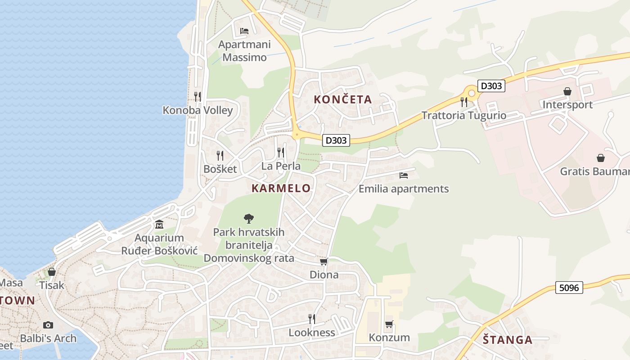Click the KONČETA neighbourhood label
click(343, 99)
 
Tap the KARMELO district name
click(281, 188)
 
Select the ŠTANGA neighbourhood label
click(508, 340)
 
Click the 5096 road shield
click(569, 287)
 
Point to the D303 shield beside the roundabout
click(491, 85)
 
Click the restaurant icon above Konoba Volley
click(197, 96)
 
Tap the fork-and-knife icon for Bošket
click(220, 156)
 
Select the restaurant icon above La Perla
click(281, 153)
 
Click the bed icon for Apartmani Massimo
click(244, 31)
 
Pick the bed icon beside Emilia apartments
click(404, 175)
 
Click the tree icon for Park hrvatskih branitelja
click(248, 219)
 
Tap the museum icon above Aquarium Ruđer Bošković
click(159, 224)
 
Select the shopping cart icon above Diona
click(324, 261)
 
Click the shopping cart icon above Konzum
click(389, 324)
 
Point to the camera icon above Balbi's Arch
click(48, 325)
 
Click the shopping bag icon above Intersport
click(567, 91)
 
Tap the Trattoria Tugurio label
click(464, 115)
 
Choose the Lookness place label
click(312, 333)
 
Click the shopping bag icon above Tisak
click(52, 272)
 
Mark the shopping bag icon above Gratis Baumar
click(600, 158)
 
